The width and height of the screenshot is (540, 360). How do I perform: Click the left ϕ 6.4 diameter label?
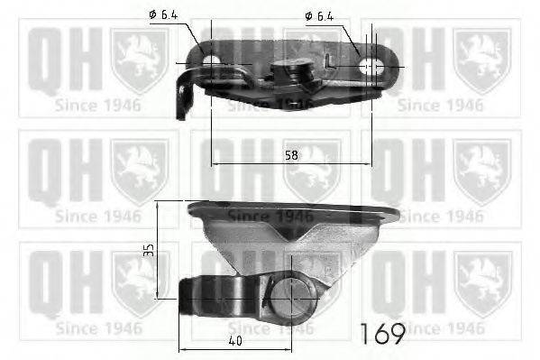point(162,15)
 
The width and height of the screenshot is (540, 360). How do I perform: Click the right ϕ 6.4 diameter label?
point(320,15)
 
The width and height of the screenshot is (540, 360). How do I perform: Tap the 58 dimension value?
point(291,155)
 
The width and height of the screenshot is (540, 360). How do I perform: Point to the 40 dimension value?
point(234,340)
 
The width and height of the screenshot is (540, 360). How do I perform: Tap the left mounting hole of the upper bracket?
point(212,64)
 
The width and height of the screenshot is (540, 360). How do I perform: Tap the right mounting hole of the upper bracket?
point(370,65)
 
